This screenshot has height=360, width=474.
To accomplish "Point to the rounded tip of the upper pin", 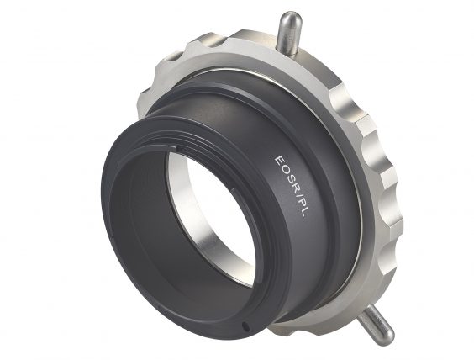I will coord(287,18).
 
